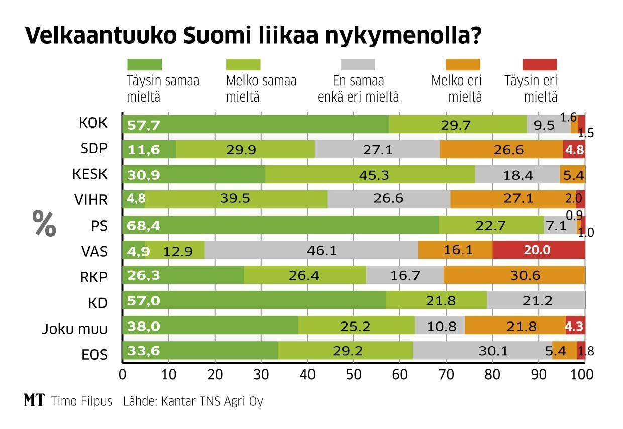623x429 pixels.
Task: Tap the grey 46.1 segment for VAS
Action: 311,250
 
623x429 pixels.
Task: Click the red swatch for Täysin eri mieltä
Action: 540,64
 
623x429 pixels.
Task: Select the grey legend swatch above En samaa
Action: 358,64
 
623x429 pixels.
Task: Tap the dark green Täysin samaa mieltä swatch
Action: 144,64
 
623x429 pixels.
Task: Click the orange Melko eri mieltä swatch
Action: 463,64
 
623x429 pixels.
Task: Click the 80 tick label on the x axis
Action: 492,375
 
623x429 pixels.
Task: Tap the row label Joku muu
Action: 75,329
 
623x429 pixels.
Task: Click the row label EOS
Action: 95,354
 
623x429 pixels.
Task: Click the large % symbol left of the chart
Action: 44,224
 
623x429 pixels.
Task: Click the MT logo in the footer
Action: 34,401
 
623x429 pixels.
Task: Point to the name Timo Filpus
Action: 81,401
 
